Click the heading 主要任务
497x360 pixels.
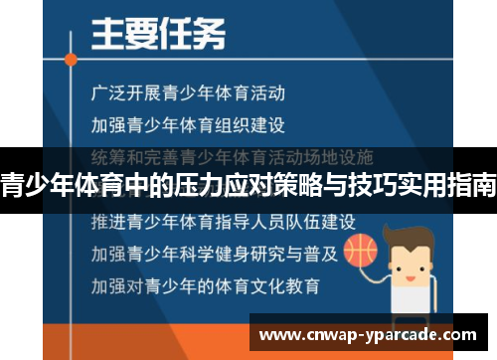(158, 38)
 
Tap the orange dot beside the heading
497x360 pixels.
(70, 61)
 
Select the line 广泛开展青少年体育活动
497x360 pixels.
(188, 95)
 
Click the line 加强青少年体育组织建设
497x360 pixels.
(188, 126)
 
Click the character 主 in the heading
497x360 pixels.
(106, 38)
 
